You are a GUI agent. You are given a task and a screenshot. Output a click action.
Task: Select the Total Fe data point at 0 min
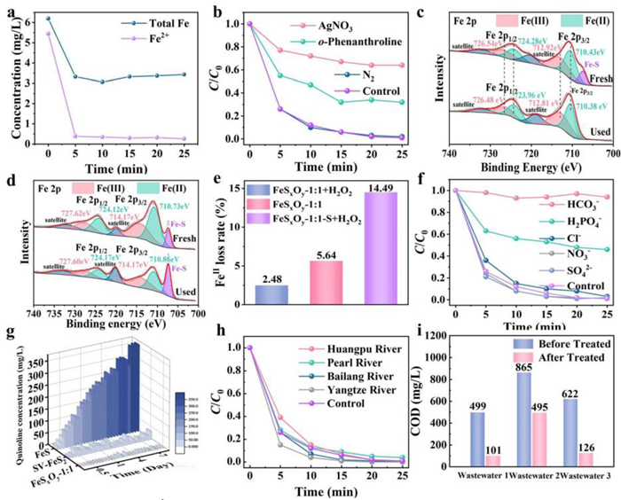point(48,18)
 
